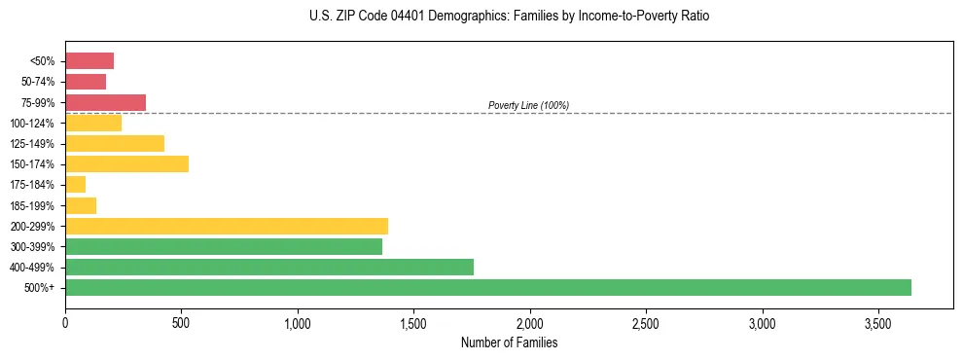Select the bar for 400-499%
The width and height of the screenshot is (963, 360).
click(269, 267)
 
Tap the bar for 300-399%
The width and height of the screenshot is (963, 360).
click(224, 246)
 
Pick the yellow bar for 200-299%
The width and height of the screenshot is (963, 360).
click(227, 226)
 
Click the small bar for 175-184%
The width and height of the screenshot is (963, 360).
click(76, 184)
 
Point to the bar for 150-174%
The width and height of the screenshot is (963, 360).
click(126, 163)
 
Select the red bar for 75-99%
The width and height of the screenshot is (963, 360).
click(105, 102)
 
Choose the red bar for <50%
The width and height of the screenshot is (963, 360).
click(89, 61)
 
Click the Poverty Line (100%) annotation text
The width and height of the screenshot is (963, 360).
click(528, 105)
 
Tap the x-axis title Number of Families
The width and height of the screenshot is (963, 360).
click(509, 342)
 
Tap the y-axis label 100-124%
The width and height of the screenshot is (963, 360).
click(32, 124)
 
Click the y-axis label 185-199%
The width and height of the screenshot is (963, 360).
click(32, 205)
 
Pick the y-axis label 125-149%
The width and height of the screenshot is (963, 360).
click(32, 144)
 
